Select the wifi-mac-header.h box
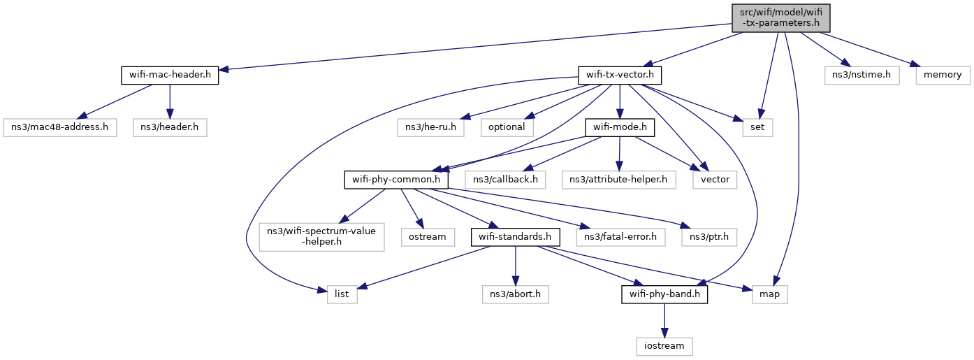tap(170, 75)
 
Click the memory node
tap(943, 75)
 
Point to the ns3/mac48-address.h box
tap(60, 128)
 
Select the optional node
tap(507, 128)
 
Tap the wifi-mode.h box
tap(620, 128)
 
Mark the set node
tap(757, 128)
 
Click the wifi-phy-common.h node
tap(395, 180)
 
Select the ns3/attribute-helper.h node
tap(618, 180)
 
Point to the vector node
tap(715, 180)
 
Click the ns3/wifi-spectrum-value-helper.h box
tap(322, 238)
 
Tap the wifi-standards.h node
tap(515, 237)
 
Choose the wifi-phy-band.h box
tap(664, 295)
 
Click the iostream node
tap(664, 346)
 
